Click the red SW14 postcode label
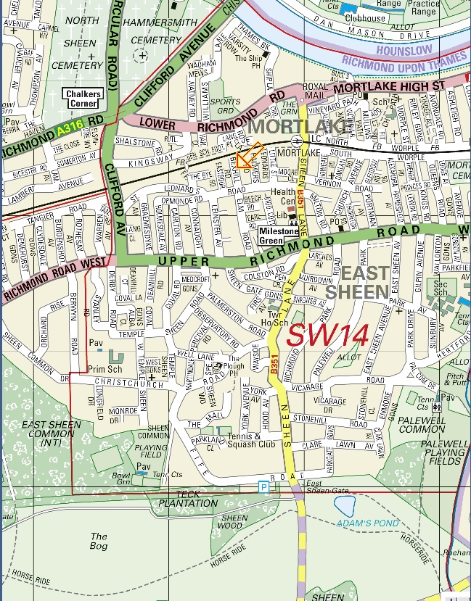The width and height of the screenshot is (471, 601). pyautogui.click(x=329, y=334)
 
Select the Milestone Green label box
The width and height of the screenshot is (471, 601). pyautogui.click(x=279, y=236)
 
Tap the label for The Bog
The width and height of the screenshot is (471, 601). pyautogui.click(x=98, y=541)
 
